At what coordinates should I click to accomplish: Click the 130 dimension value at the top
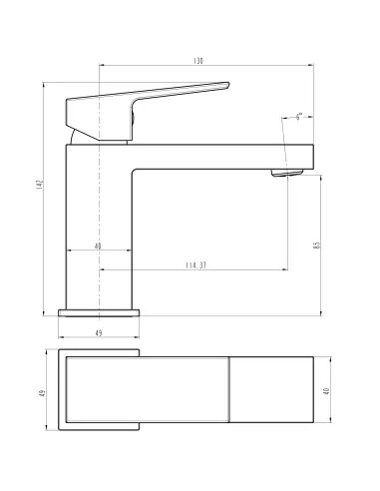(199, 62)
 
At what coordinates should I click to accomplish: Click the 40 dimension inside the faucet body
(98, 245)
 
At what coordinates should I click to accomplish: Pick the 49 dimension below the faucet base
(100, 331)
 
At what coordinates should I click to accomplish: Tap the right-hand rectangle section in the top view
(271, 392)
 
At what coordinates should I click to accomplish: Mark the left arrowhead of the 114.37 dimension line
(103, 269)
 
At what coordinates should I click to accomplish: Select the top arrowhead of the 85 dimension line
(320, 176)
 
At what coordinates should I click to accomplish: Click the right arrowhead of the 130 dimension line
(311, 68)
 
